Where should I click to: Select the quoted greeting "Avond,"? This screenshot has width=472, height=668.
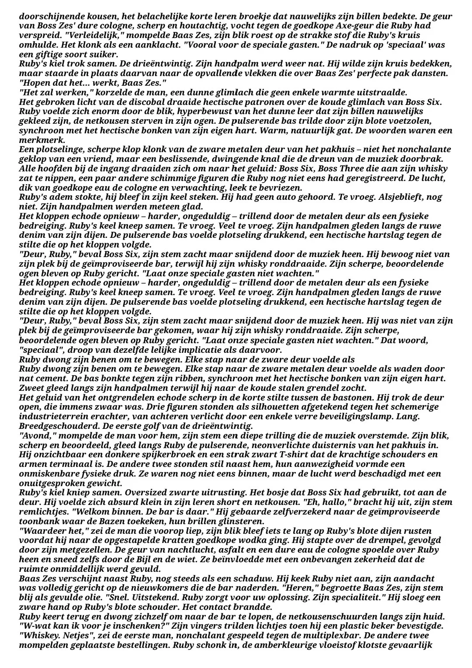click(x=38, y=435)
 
